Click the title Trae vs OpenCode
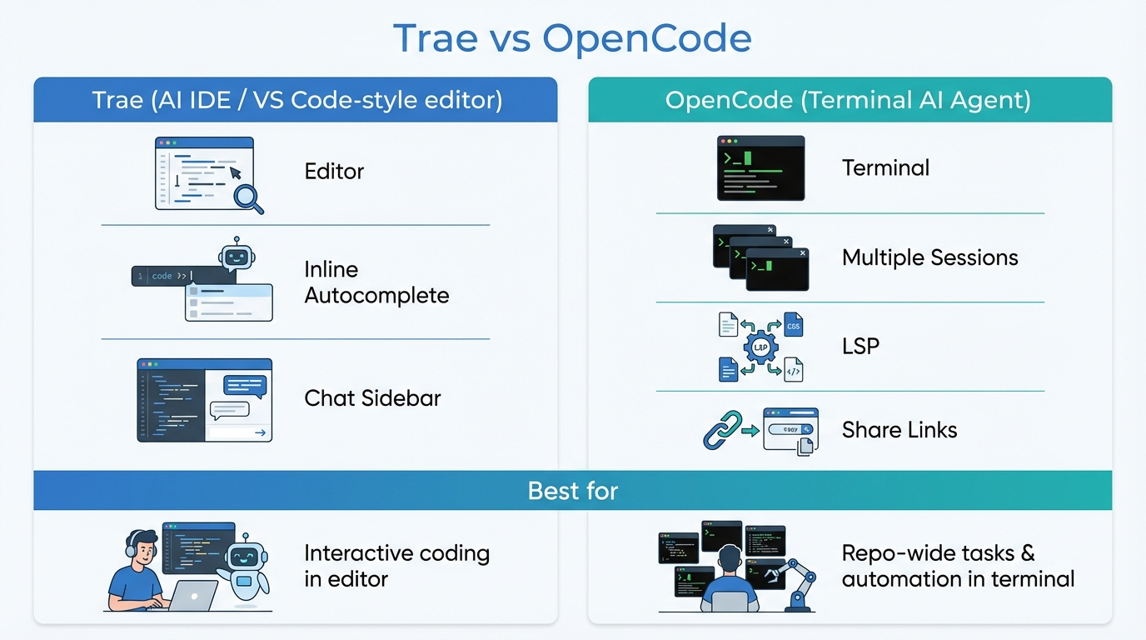click(572, 38)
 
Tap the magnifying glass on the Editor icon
click(247, 197)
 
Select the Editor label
click(334, 172)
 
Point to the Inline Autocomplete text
click(376, 282)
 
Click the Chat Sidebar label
click(372, 398)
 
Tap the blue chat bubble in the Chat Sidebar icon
click(245, 385)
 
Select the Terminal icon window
click(760, 168)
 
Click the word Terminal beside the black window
click(885, 168)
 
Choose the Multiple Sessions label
click(929, 257)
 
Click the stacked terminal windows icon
click(760, 257)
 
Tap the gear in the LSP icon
click(760, 347)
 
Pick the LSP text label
click(860, 347)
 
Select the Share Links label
click(899, 430)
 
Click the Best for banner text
click(572, 491)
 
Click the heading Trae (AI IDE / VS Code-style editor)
click(296, 101)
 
